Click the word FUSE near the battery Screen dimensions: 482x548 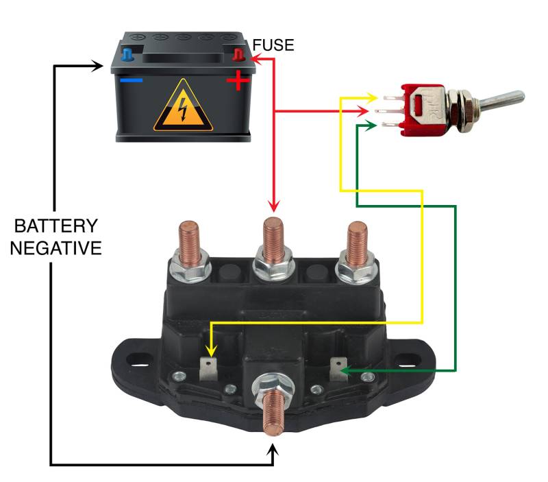tap(273, 46)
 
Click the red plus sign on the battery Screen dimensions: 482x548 tap(238, 83)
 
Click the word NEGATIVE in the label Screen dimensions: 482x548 tap(57, 247)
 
